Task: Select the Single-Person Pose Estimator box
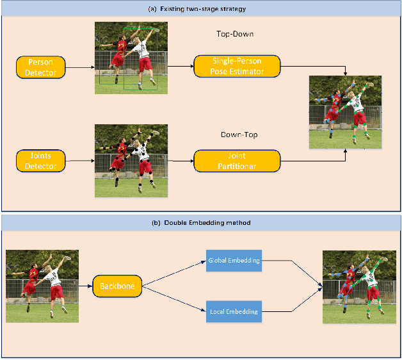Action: tap(237, 66)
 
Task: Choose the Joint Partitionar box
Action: tap(237, 161)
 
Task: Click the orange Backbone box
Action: tap(117, 286)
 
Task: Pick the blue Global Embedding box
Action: tap(234, 261)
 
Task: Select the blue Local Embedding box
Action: tap(234, 311)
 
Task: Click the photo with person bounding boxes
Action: tap(131, 58)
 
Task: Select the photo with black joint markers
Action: tap(131, 160)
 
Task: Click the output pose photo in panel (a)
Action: tap(345, 112)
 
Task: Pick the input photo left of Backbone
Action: tap(42, 286)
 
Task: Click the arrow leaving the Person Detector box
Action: tap(80, 67)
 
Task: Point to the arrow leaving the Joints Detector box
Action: tap(80, 161)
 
